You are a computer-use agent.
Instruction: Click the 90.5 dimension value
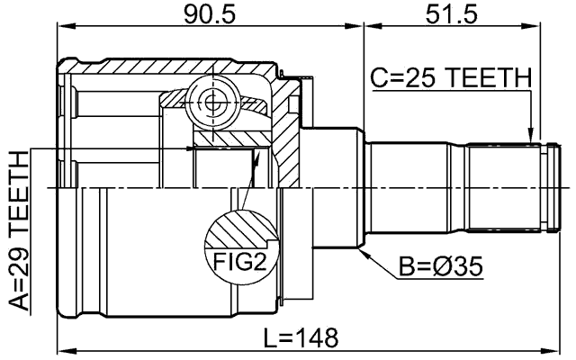click(209, 14)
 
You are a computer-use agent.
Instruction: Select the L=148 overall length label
click(301, 338)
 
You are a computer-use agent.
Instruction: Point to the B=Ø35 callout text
click(440, 266)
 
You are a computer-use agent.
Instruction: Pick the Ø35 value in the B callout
click(456, 266)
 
